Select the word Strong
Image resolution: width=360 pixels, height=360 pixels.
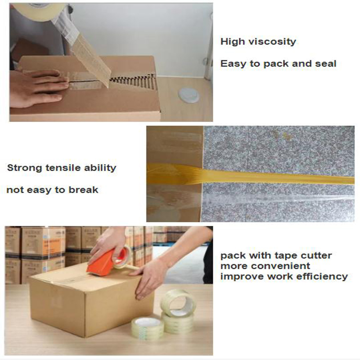click(25, 168)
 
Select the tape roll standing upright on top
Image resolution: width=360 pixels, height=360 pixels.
click(178, 302)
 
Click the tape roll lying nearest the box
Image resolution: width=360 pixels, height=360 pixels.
click(148, 328)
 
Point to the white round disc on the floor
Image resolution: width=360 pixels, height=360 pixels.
click(189, 95)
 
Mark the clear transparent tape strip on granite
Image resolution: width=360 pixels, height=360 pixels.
click(278, 198)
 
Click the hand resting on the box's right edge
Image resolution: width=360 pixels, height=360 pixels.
click(150, 278)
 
